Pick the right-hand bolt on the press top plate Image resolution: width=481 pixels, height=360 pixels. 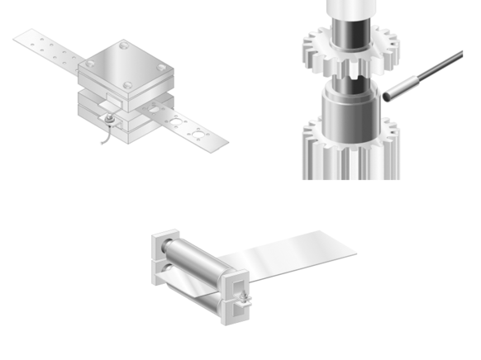click(162, 67)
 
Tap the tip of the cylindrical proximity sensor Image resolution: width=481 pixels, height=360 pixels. click(388, 97)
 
